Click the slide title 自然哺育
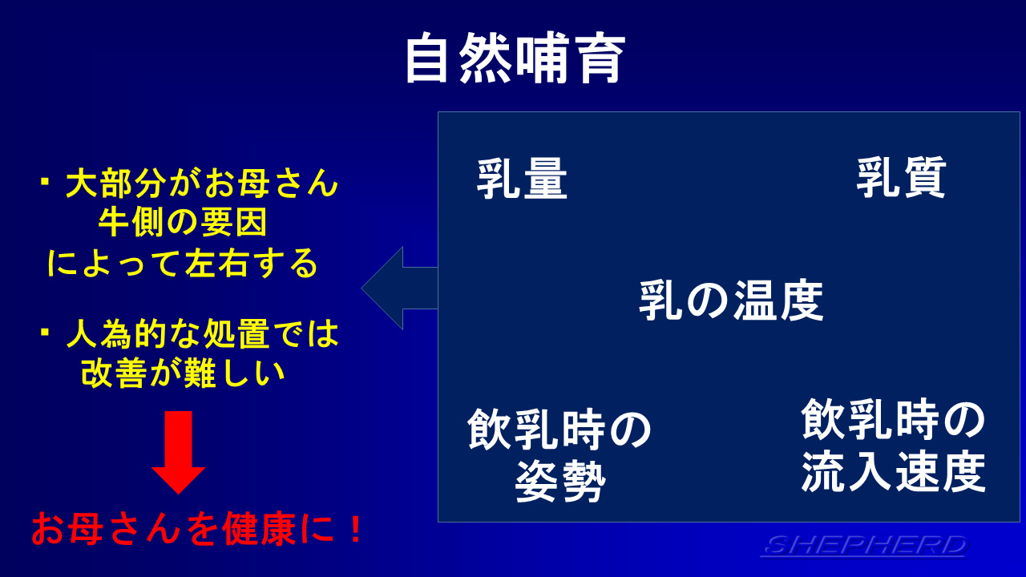coord(515,59)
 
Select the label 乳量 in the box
coord(522,179)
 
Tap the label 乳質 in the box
coord(902,178)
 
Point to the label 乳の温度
coord(731,301)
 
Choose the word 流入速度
coord(893,472)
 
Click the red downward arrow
coord(178,452)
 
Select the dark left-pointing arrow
coord(399,288)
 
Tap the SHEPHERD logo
coord(864,546)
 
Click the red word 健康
coord(259,530)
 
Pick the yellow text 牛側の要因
coord(183,223)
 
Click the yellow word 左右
coord(216,263)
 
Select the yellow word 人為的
coord(115,334)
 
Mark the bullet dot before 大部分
coord(45,181)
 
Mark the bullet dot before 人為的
coord(45,332)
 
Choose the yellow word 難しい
coord(233,373)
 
